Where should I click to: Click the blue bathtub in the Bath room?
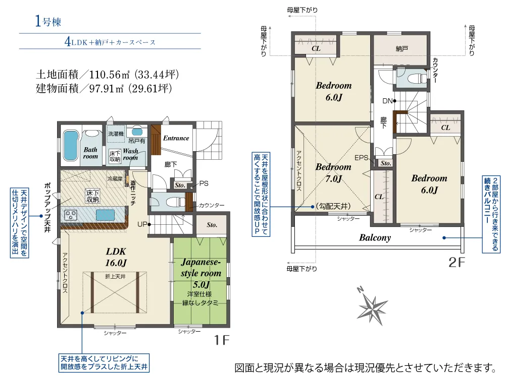coord(70,145)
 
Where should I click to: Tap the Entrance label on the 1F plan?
coord(176,138)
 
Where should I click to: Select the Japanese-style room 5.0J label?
coord(201,273)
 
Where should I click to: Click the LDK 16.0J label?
coord(116,257)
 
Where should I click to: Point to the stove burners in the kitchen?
coord(71,215)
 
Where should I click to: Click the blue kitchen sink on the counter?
coord(105,215)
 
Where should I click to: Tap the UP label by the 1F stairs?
coord(142,224)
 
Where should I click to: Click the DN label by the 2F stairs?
coord(387,101)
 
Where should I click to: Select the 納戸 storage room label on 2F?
coord(401,48)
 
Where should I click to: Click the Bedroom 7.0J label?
coord(333,172)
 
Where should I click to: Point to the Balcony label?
coord(375,238)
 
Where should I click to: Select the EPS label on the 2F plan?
coord(361,158)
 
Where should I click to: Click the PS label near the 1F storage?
coord(204,183)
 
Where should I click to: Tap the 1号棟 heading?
coord(47,21)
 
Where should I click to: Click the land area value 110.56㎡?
coord(109,75)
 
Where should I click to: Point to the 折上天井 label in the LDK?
coord(115,276)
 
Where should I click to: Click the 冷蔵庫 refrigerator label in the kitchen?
coord(115,179)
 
